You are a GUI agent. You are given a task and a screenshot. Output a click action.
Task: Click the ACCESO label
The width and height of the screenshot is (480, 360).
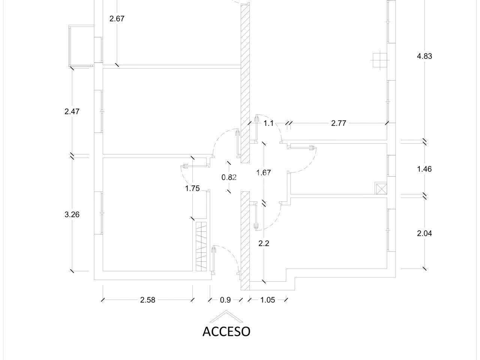coord(226,331)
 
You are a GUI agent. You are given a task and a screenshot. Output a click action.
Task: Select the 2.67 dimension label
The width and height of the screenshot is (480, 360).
coord(117,19)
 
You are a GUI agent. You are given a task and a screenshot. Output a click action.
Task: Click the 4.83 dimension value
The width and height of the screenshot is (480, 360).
coord(424,56)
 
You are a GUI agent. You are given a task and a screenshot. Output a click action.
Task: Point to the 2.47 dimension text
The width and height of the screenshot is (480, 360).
coord(72,111)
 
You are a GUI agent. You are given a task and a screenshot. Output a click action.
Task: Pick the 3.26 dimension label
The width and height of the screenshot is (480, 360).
coord(72,214)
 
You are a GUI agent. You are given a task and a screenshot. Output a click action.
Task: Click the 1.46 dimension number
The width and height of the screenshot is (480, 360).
coord(424,169)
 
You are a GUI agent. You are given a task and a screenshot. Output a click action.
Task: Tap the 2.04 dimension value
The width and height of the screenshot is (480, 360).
coord(424,234)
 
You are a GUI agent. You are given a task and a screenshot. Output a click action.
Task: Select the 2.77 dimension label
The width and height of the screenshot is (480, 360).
coord(339,123)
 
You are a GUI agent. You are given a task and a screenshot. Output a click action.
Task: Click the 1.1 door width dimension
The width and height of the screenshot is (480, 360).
coord(268,123)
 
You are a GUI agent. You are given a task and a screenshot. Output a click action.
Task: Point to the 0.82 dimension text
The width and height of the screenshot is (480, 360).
coord(229,177)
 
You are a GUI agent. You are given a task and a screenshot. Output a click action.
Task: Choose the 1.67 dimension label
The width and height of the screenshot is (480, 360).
coord(264,172)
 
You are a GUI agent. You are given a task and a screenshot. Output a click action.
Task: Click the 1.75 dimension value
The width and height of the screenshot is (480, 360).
coord(192,188)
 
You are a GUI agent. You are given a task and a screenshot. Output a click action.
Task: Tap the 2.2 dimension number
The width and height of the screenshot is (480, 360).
coord(264,243)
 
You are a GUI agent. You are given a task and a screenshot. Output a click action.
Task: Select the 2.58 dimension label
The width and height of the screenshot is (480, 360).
coord(148,300)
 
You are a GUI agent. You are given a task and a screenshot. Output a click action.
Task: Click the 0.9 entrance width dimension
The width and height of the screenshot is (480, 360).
coord(225,300)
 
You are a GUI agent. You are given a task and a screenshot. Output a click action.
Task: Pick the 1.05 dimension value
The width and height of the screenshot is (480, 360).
coord(268,300)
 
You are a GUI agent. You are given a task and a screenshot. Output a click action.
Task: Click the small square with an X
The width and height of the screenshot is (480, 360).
coord(381,188)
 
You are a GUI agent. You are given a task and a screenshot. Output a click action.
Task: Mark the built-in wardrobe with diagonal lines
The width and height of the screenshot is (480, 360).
coord(201,246)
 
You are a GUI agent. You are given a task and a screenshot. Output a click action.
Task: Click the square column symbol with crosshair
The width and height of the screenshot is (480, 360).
coord(380,60)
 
